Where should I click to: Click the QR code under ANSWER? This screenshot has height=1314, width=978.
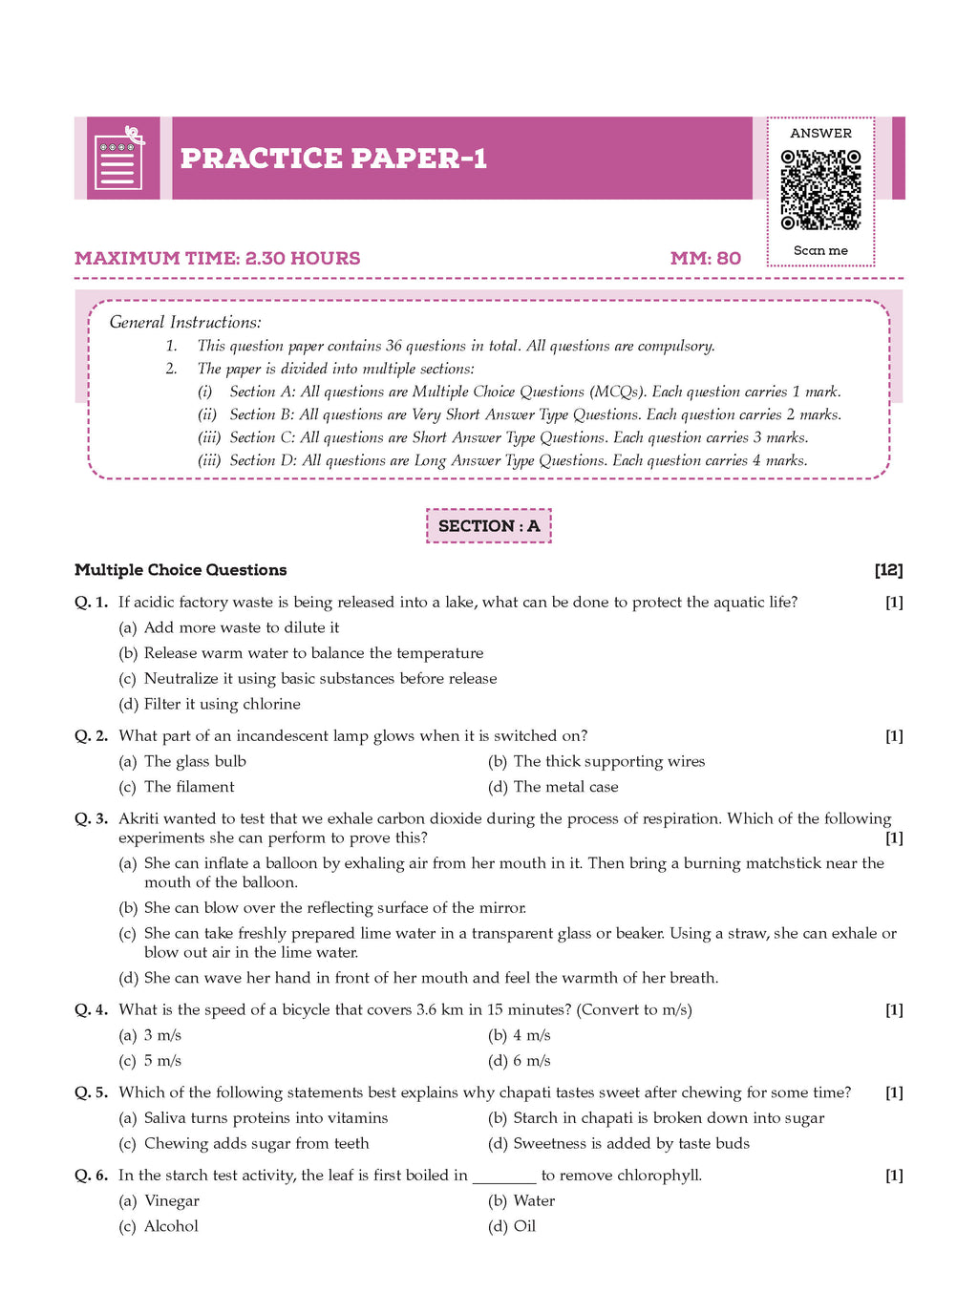820,189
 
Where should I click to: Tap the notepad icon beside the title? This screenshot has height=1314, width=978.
118,159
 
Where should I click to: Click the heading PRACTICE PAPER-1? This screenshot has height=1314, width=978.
333,159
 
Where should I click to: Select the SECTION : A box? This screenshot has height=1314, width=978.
488,526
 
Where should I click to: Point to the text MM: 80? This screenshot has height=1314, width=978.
705,259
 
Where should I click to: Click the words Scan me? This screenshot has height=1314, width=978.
820,251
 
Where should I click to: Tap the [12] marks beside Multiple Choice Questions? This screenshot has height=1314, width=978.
888,570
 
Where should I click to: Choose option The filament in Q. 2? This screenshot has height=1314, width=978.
188,787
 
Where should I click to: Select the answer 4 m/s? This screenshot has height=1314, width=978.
531,1035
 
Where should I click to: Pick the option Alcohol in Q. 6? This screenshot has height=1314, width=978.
171,1226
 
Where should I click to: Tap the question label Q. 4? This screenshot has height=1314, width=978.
91,1010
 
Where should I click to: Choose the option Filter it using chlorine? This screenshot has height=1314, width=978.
222,704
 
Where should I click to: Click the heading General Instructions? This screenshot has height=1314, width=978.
185,323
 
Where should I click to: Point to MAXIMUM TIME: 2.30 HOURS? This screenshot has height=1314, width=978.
218,259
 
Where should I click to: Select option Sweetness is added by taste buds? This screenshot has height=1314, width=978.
630,1143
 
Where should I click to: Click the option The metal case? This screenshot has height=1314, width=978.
565,787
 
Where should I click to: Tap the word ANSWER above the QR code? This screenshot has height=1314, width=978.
820,134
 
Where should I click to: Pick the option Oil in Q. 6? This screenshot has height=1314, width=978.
524,1226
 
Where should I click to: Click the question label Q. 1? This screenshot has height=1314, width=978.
91,603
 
